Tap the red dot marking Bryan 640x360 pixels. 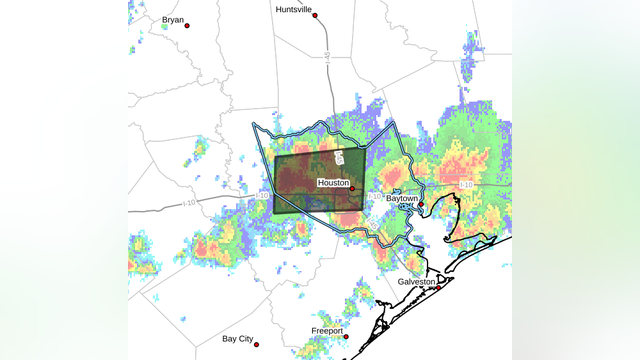[x=186, y=25]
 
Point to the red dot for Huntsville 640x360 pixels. [x=315, y=16]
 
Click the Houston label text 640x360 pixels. [x=333, y=183]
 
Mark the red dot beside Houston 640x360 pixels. [x=353, y=187]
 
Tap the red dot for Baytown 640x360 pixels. [x=422, y=204]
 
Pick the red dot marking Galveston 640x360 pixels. [x=438, y=288]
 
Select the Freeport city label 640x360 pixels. [x=326, y=330]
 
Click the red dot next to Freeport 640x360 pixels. [x=346, y=336]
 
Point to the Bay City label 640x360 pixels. [x=238, y=339]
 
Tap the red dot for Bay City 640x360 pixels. [x=257, y=345]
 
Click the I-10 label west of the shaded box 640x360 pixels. [x=263, y=195]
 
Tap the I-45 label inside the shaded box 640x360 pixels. [x=340, y=158]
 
